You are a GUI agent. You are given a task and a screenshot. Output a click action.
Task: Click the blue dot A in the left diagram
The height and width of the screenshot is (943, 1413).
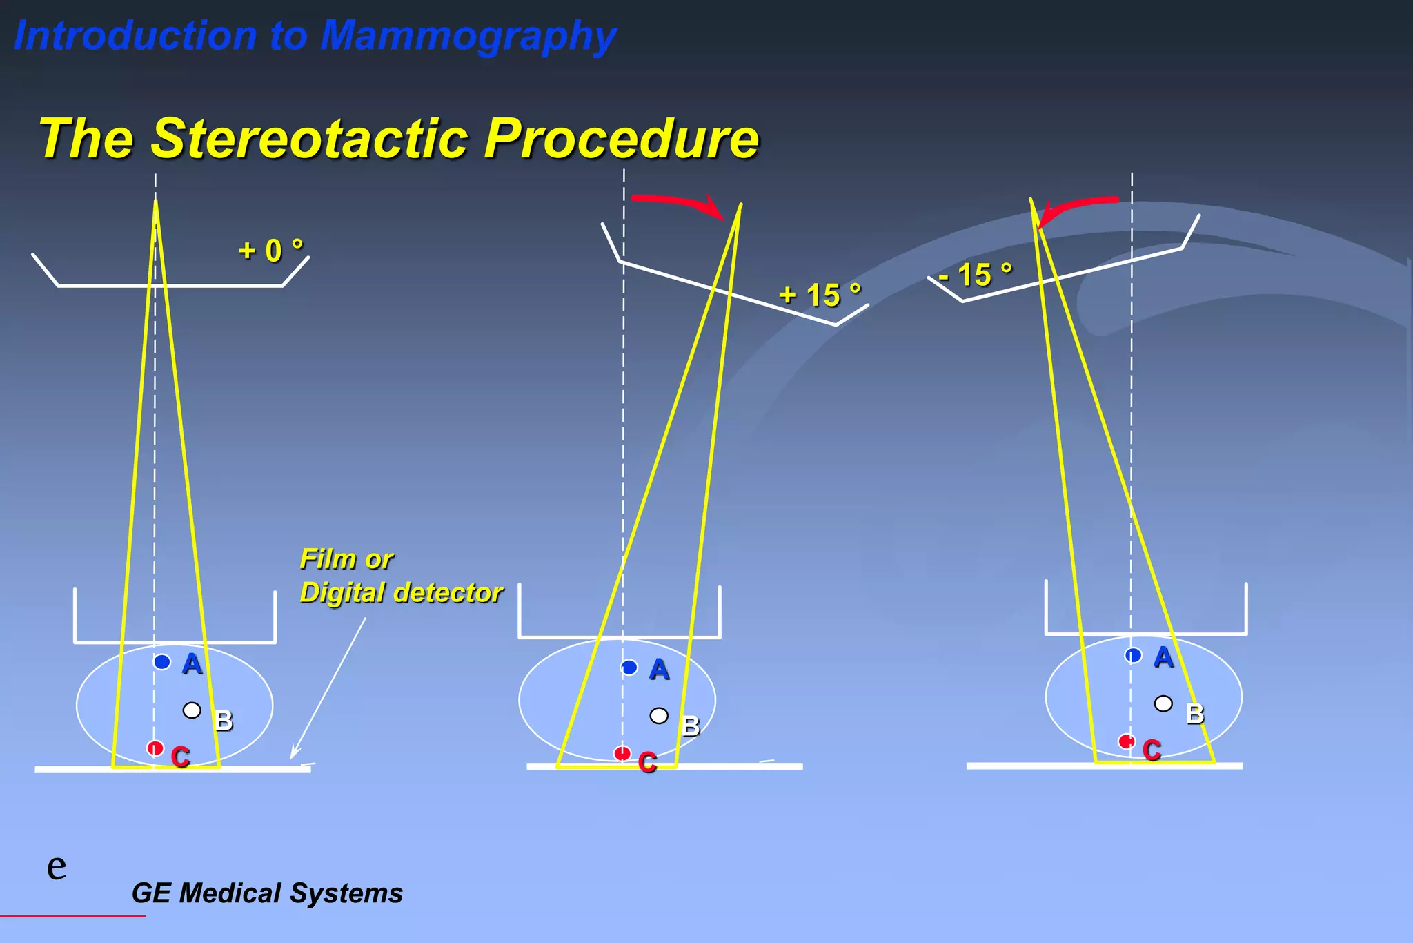[x=162, y=662]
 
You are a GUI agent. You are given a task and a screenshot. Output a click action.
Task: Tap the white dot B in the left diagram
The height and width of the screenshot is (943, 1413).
[x=192, y=710]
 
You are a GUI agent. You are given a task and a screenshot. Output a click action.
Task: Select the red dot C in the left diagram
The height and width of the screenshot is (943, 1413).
[x=155, y=748]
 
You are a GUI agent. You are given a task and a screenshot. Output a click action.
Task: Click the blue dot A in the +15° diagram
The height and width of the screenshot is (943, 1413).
[x=629, y=668]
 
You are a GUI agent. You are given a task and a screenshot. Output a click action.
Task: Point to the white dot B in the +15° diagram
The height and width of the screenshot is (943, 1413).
[x=659, y=716]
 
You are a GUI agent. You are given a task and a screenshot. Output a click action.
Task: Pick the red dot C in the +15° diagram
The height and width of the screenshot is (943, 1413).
[x=622, y=753]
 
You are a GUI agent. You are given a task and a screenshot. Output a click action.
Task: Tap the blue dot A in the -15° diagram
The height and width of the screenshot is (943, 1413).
[x=1133, y=655]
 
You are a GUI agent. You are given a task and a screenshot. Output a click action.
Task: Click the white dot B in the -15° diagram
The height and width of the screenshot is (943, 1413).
[x=1163, y=703]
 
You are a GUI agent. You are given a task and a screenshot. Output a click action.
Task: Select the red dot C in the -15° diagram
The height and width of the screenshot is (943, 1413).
[x=1127, y=742]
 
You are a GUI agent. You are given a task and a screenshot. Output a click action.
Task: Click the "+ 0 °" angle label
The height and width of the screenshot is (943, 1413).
[x=270, y=250]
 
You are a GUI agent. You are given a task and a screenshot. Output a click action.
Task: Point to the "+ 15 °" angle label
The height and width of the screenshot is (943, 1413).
[x=820, y=295]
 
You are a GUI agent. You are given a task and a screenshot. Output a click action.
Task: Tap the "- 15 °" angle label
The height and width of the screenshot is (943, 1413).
[x=976, y=275]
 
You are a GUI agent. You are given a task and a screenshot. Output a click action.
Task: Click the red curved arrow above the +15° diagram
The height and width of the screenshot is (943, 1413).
[x=680, y=203]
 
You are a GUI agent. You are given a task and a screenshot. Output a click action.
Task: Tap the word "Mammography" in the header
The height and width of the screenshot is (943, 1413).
[x=468, y=36]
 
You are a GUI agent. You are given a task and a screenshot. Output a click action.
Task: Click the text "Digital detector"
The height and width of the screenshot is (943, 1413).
[x=401, y=593]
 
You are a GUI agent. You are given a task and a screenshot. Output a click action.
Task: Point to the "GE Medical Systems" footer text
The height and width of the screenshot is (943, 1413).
[x=267, y=893]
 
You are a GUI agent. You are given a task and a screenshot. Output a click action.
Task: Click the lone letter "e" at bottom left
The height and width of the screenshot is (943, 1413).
[x=57, y=866]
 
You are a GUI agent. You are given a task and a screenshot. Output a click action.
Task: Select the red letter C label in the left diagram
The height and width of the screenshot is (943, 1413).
[x=181, y=757]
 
